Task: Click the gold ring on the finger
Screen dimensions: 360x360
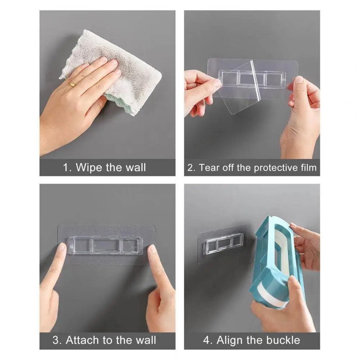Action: click(72, 84)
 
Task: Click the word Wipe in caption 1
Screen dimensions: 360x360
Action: click(89, 168)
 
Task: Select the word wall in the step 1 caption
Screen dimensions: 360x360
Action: click(136, 167)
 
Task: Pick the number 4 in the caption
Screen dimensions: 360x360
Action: click(206, 340)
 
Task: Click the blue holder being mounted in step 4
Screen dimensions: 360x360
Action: click(277, 262)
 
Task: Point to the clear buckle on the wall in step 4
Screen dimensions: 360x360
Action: click(224, 244)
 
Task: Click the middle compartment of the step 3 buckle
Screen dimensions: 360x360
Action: click(106, 245)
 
